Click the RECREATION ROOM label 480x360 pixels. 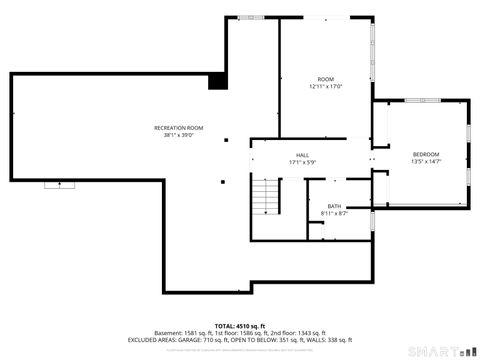point(178,128)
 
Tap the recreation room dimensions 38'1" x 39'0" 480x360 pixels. point(178,136)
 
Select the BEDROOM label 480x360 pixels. point(425,154)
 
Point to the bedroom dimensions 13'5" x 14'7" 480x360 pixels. point(425,161)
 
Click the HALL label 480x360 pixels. point(301,155)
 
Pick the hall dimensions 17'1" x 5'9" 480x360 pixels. point(301,162)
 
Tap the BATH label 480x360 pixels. point(334,206)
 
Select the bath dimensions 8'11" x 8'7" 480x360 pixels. point(334,213)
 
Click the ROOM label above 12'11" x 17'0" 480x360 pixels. point(326,79)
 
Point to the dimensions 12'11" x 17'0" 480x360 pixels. point(326,87)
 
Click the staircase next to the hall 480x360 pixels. point(264,196)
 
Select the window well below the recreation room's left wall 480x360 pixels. point(57,184)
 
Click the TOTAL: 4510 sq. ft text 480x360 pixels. point(239,325)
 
